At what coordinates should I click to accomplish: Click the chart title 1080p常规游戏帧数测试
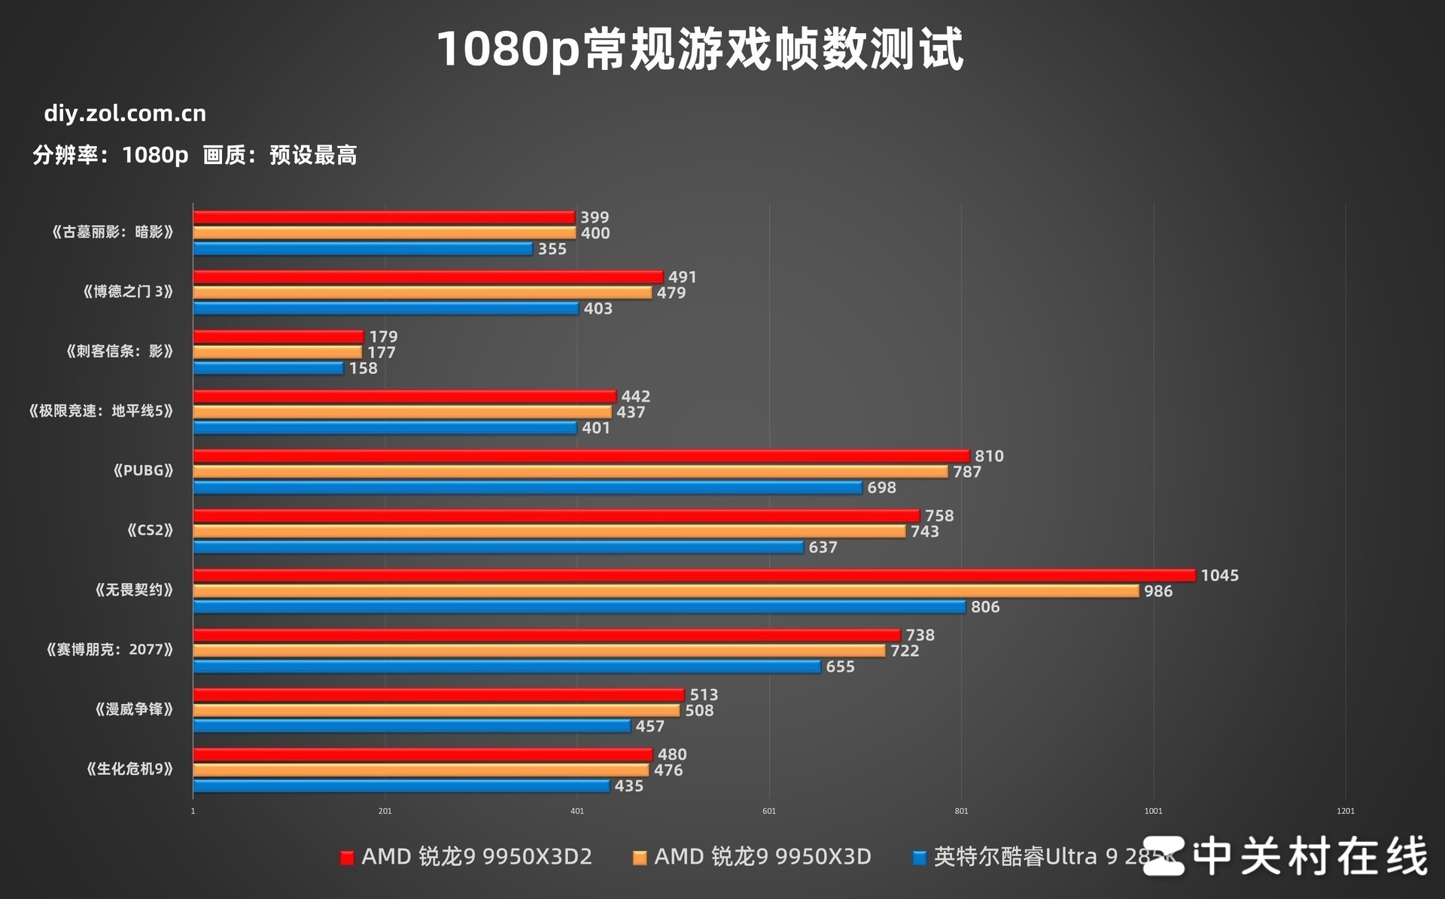coord(700,50)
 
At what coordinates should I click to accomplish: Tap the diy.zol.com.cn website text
coord(125,114)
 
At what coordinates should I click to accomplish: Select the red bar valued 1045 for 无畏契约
coord(694,576)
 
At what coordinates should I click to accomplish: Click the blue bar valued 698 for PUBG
coord(528,487)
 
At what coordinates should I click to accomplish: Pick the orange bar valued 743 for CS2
coord(549,531)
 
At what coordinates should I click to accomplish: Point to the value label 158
coord(363,369)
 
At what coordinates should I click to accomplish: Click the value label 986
coord(1158,591)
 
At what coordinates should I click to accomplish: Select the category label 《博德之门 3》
coord(128,292)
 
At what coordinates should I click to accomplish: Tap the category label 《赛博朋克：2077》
coord(110,650)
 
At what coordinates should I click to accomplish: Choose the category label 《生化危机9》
coord(129,769)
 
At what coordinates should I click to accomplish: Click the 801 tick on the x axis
coord(961,811)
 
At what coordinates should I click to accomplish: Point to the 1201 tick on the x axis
coord(1345,811)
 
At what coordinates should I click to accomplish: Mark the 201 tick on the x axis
coord(385,811)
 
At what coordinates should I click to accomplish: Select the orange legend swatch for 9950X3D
coord(640,858)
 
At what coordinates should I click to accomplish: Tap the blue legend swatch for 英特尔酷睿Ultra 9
coord(919,858)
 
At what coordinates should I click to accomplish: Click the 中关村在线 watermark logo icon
coord(1163,856)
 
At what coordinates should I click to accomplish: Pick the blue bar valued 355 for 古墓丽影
coord(363,249)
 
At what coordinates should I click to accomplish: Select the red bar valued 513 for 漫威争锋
coord(439,695)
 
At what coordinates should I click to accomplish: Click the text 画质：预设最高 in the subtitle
coord(280,156)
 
